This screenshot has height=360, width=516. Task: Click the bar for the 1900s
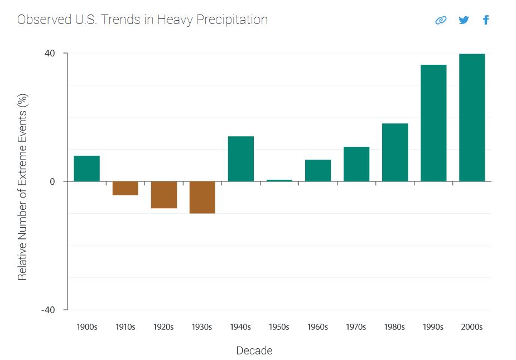coord(86,169)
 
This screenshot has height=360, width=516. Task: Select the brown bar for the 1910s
coord(125,188)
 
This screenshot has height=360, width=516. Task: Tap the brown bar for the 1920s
coord(164,195)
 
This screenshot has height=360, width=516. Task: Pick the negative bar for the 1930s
coord(202,197)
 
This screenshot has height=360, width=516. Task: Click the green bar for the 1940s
coord(241,159)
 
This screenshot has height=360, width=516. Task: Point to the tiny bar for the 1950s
coord(279,180)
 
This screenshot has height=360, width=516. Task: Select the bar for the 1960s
coord(318,171)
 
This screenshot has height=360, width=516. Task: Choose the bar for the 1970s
coord(356,164)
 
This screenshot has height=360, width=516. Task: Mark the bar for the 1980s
coord(395,152)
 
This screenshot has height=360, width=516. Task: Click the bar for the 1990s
coord(433,123)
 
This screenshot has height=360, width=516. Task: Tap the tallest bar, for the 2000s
coord(472,118)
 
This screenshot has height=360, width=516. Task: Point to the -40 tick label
coord(49,310)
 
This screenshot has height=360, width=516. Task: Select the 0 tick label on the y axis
coord(52,182)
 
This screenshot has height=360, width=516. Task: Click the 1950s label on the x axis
coord(279,327)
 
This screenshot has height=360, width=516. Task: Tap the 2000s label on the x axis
coord(472,327)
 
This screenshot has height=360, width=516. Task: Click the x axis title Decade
coord(254,351)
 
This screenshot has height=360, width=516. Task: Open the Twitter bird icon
coord(464,20)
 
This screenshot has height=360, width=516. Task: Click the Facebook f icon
coord(486,20)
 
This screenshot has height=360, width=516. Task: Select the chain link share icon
coord(441,20)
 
